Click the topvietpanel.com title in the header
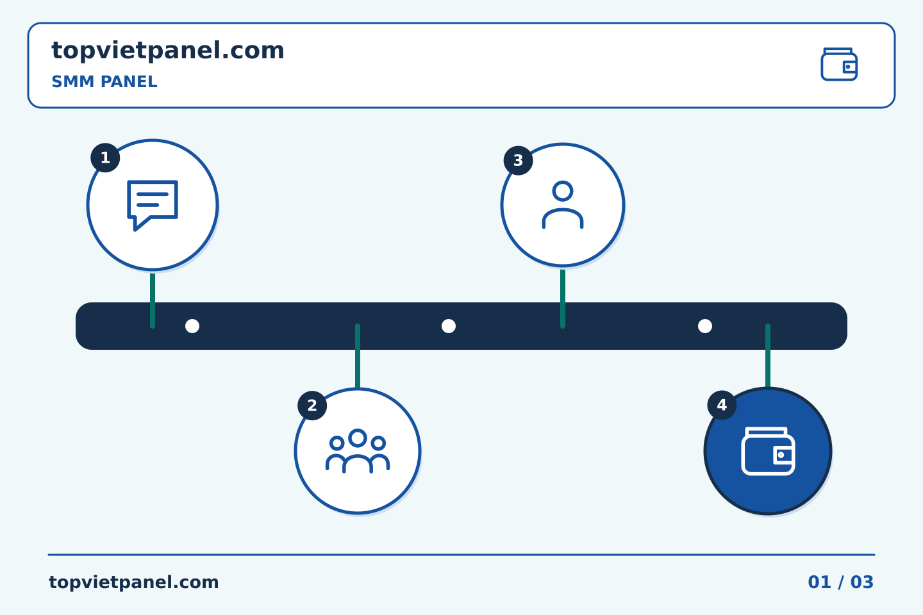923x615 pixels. (168, 51)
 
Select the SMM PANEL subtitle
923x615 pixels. (104, 81)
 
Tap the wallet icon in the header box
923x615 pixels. (839, 64)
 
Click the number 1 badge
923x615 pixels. (106, 158)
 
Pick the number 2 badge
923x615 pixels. (312, 406)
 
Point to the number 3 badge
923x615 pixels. (519, 161)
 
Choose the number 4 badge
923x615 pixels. (722, 406)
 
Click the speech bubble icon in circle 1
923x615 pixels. (153, 206)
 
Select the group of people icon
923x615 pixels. (358, 451)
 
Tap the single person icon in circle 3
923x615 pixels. (563, 205)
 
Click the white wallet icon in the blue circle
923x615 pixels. (768, 451)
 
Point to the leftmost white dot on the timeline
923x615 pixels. (192, 326)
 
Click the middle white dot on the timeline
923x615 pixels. (449, 326)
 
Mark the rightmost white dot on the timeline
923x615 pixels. (705, 326)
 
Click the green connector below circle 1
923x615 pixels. (153, 300)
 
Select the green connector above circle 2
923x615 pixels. (358, 356)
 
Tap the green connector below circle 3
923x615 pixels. (563, 299)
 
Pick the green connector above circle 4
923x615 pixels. (768, 356)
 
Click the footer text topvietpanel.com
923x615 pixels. (133, 582)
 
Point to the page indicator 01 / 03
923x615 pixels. (840, 582)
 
